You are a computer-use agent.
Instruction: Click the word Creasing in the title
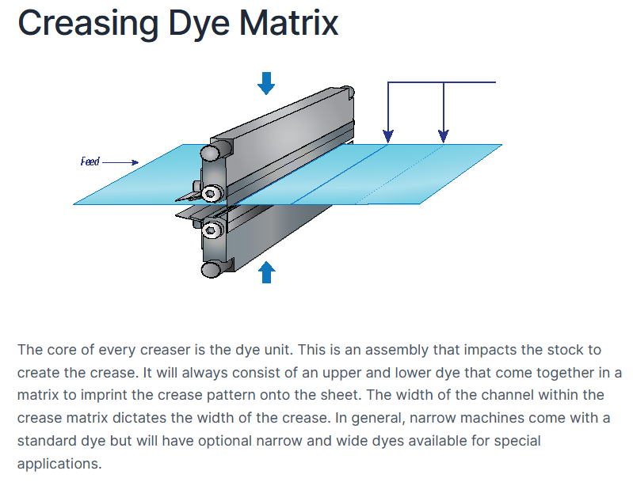point(88,25)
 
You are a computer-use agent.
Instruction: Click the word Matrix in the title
point(288,23)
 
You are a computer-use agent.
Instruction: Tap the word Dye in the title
point(199,25)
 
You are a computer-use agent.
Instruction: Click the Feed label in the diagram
point(90,161)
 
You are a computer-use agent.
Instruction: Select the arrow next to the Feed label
point(120,162)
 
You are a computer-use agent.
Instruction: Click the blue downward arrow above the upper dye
point(266,83)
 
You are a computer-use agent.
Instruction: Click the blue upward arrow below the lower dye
point(266,272)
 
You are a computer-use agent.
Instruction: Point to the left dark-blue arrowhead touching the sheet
point(388,136)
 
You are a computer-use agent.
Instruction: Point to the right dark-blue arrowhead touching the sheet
point(444,136)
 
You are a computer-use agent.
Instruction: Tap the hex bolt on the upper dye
point(210,194)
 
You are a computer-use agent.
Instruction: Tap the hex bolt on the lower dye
point(210,230)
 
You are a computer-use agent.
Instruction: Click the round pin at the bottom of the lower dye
point(212,269)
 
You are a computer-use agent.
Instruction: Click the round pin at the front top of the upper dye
point(210,153)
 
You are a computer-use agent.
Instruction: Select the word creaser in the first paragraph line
point(166,350)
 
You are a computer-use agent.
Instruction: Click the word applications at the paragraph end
point(59,464)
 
